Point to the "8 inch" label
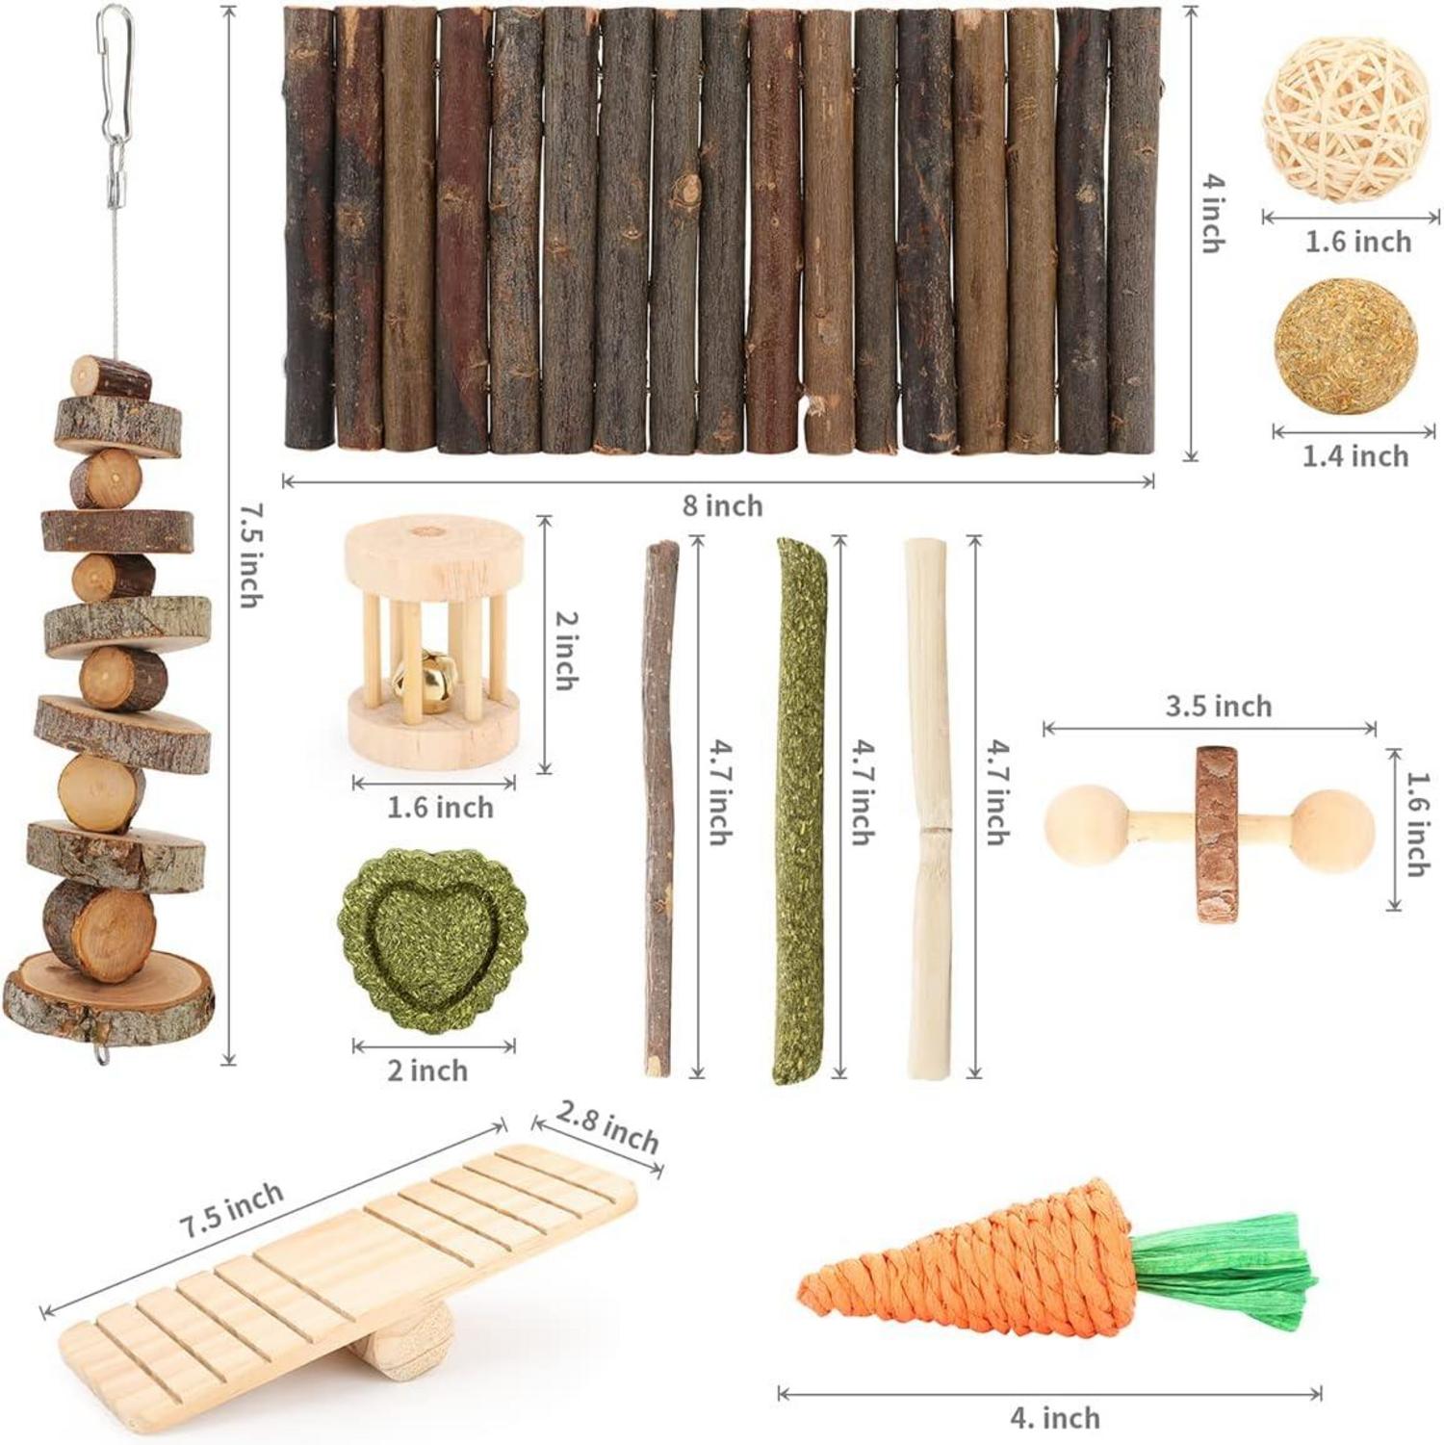click(x=722, y=505)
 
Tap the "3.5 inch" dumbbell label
click(x=1219, y=706)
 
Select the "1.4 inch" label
click(x=1355, y=455)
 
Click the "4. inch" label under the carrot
click(x=1055, y=1417)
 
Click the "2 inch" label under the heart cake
click(x=427, y=1070)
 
